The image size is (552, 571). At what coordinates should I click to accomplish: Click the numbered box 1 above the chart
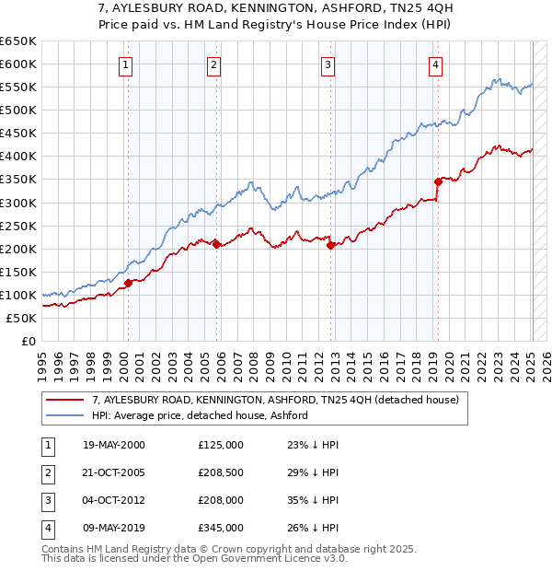pos(125,64)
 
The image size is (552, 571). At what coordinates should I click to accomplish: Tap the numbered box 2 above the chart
pos(213,64)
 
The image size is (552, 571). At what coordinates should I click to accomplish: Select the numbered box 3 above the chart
pos(328,64)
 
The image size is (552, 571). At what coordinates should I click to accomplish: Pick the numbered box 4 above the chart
pos(434,64)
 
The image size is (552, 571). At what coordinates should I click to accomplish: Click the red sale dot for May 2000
pos(129,283)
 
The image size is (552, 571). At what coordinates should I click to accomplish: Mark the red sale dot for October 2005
pos(217,244)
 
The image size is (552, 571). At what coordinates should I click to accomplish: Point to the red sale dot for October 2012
pos(330,244)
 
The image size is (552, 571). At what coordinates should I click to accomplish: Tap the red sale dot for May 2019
pos(438,181)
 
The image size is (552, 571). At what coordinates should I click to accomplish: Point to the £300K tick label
pos(17,203)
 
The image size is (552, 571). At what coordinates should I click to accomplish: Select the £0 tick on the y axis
pos(28,342)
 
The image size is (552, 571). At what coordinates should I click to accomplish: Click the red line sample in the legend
pos(65,401)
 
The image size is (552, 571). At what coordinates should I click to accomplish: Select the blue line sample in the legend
pos(65,415)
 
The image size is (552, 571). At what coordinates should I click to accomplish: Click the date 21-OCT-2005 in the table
pos(114,472)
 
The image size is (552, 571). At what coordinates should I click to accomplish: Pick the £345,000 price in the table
pos(221,528)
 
